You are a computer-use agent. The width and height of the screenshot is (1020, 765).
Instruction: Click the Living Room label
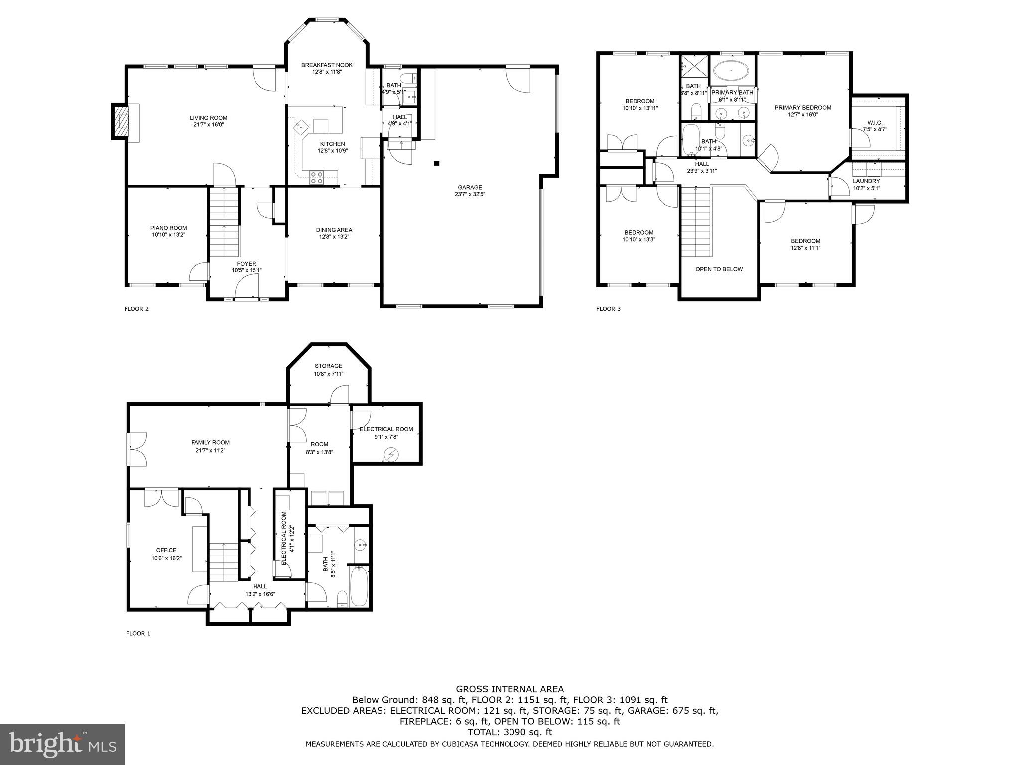click(x=208, y=118)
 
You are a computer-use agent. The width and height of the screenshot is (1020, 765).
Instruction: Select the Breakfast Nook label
click(x=327, y=65)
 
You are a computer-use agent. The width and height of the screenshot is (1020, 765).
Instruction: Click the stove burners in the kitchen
click(x=317, y=177)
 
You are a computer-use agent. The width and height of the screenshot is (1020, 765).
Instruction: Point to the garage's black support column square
click(x=437, y=163)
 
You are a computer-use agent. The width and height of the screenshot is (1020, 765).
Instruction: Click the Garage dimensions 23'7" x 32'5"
click(x=469, y=194)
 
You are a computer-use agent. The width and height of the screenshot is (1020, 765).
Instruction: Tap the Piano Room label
click(x=168, y=228)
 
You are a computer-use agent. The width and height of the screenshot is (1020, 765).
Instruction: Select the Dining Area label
click(x=334, y=230)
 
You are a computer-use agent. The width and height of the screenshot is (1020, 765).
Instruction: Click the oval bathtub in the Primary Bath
click(x=731, y=71)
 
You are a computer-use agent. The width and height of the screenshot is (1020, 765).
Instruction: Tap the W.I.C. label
click(x=875, y=123)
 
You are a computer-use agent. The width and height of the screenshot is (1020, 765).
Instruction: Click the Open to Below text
click(x=719, y=269)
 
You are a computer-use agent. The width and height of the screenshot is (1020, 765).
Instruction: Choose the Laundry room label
click(x=866, y=181)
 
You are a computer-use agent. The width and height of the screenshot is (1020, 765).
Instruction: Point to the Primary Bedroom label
click(x=803, y=108)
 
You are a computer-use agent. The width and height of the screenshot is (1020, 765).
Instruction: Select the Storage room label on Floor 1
click(x=328, y=366)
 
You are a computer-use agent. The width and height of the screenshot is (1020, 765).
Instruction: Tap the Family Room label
click(x=210, y=442)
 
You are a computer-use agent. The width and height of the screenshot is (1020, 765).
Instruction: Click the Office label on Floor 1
click(x=166, y=550)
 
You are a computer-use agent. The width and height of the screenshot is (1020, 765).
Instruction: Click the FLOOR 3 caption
click(x=608, y=309)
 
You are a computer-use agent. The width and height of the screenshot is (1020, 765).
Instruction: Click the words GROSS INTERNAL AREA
click(x=510, y=689)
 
